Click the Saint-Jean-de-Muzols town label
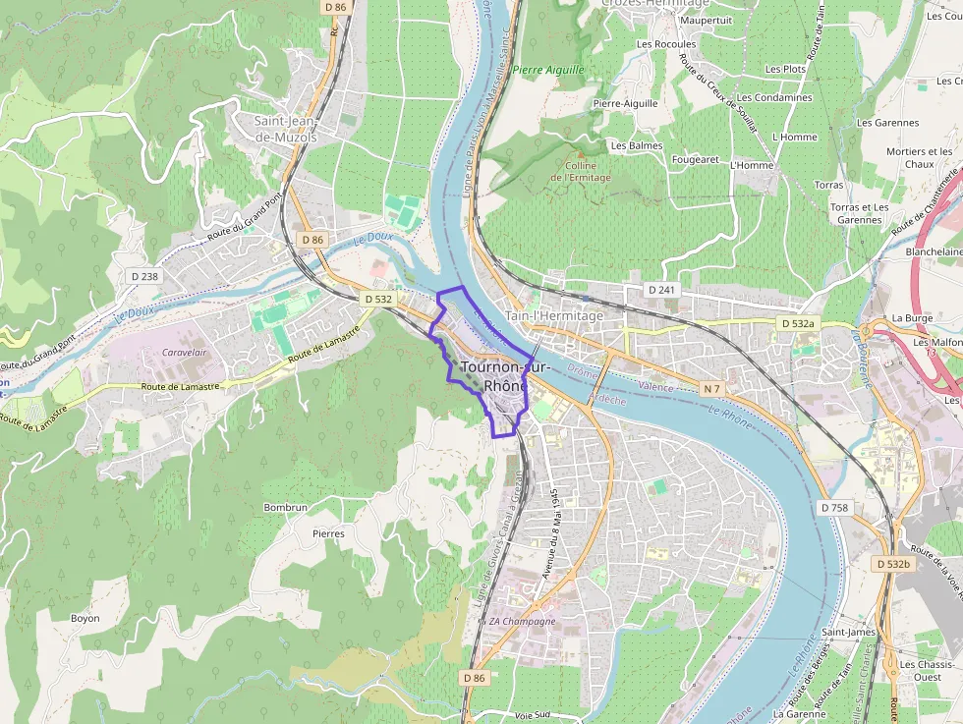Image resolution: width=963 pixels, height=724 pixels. pos(286,129)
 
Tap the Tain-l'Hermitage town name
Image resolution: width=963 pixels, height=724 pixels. pos(553,315)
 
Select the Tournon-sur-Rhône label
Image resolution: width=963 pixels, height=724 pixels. pos(505,376)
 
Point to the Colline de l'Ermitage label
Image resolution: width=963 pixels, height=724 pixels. pos(581,172)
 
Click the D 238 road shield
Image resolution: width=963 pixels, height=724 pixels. pos(143,276)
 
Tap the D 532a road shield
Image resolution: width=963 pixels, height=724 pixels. pos(797,323)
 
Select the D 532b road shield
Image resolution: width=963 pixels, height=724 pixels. pos(893,564)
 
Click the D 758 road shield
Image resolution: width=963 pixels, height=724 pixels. pos(833,507)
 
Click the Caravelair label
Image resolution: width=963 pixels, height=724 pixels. pos(184,352)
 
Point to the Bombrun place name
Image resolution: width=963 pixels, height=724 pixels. pos(286,507)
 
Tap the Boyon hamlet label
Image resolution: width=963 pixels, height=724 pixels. pos(85,618)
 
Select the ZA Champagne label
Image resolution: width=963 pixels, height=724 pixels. pos(523,621)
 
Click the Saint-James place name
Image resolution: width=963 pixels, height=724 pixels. pos(848,632)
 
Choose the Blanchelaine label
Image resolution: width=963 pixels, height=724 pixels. pos(934,251)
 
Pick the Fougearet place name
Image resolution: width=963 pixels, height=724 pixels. pos(696,159)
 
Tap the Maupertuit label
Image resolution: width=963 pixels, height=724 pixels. pos(707,20)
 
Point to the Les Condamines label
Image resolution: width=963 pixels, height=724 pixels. pos(775,97)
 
